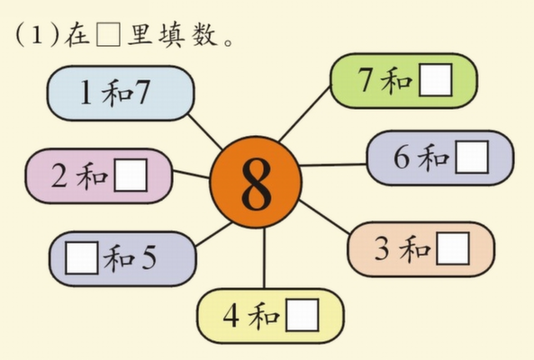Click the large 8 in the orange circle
pos(257,184)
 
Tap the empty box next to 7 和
pos(436,80)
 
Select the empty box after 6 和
pos(472,157)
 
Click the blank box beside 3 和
pos(453,248)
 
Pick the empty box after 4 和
pos(303,315)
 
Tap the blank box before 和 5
pos(82,257)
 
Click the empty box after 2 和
pos(131,175)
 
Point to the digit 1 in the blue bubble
pos(86,93)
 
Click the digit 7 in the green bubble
pos(365,80)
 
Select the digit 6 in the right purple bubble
pos(402,157)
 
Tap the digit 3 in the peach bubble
pos(382,248)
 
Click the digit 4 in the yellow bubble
pos(231,315)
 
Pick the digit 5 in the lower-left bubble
pos(149,257)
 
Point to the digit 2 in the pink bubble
pos(59,175)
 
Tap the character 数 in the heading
pos(204,34)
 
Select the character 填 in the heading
pos(172,34)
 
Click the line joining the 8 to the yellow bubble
pos(264,258)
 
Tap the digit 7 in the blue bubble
pos(141,93)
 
